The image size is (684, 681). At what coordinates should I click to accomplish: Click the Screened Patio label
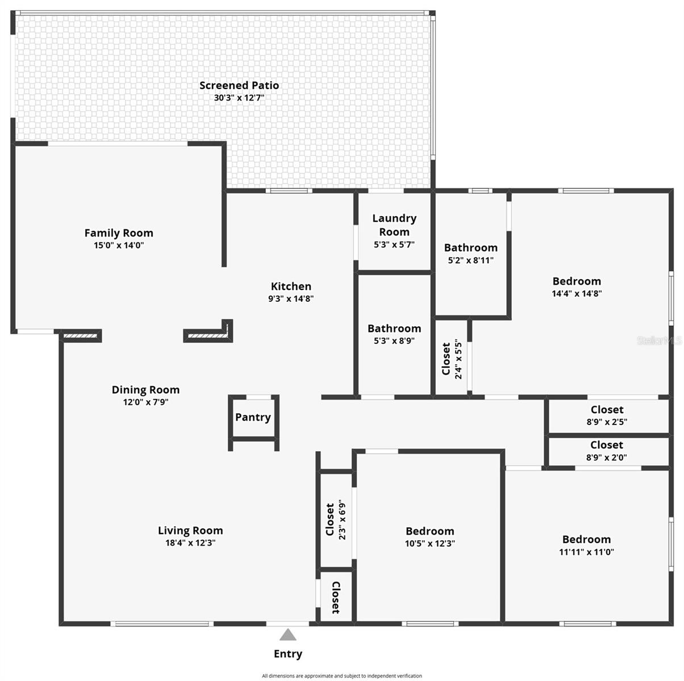click(x=239, y=85)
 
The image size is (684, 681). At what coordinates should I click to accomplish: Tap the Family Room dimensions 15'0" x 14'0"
click(x=119, y=245)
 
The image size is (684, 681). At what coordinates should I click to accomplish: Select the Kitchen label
click(x=291, y=286)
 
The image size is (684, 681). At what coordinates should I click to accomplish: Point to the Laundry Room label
click(x=394, y=225)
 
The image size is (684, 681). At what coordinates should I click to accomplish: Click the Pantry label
click(x=253, y=417)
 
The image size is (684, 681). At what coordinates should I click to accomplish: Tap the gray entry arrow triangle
click(x=288, y=634)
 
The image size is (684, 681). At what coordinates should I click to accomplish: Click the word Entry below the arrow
click(x=288, y=654)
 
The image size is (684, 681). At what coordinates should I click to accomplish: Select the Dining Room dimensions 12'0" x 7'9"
click(x=146, y=402)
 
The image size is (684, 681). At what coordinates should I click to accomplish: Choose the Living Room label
click(x=190, y=530)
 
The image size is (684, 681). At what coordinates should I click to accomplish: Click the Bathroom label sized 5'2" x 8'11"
click(x=470, y=247)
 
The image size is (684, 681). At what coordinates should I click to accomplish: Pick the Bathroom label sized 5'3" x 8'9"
click(x=394, y=329)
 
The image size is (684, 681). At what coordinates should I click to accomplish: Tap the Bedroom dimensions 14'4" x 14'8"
click(x=577, y=293)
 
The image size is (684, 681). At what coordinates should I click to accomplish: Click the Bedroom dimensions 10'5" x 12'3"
click(x=430, y=544)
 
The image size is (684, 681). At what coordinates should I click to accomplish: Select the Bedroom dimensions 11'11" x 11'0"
click(x=586, y=552)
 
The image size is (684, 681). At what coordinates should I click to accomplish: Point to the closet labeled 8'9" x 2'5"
click(x=607, y=410)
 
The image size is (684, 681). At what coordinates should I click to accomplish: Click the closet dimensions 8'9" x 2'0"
click(x=607, y=457)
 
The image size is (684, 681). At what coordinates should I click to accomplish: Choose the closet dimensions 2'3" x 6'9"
click(x=342, y=520)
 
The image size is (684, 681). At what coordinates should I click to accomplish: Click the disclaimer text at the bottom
click(x=342, y=676)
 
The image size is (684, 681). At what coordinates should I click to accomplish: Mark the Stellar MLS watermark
click(x=659, y=340)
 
